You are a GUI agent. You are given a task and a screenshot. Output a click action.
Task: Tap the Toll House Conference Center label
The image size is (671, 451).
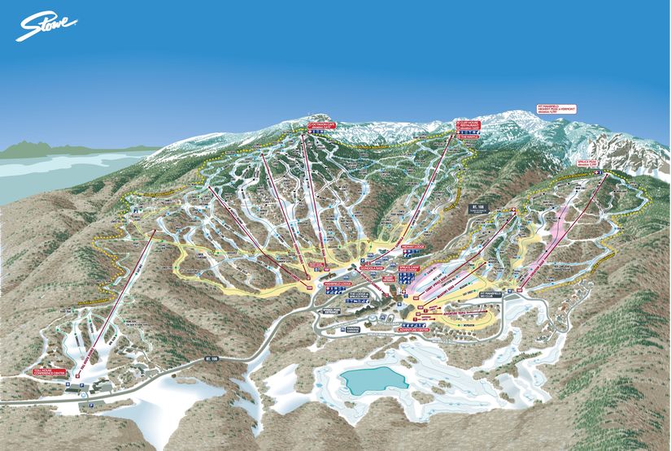point(47,375)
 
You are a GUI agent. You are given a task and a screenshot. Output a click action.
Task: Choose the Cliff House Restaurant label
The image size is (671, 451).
point(468,125)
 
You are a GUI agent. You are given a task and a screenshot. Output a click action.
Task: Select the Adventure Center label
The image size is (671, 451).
point(416,330)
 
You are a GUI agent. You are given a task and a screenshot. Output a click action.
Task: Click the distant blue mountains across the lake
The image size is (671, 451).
point(33,148)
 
